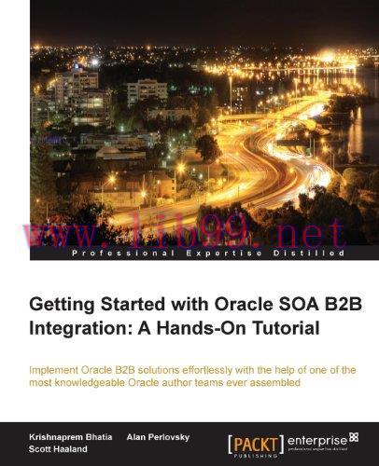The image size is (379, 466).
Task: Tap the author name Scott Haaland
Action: click(57, 449)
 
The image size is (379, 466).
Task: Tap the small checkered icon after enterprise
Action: click(352, 434)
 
